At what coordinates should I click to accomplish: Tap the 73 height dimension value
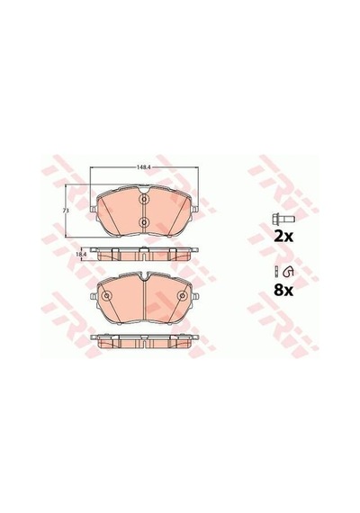66,211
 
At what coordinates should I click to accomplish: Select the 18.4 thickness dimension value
81,254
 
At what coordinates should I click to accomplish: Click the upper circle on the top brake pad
144,199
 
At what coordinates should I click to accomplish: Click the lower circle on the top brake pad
144,222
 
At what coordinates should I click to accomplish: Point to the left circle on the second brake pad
106,296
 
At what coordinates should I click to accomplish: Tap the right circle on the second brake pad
182,296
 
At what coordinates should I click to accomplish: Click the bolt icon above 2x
283,219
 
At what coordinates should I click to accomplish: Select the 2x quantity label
283,236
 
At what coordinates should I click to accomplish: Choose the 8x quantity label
283,290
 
